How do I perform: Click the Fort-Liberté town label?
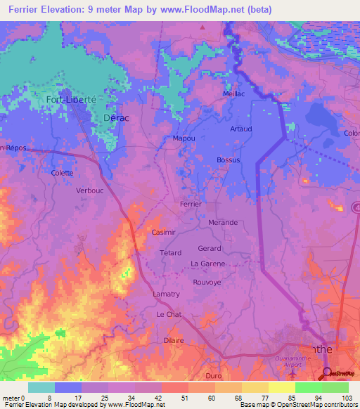(x=70, y=100)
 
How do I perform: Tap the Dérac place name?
(x=116, y=118)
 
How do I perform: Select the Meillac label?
(x=234, y=93)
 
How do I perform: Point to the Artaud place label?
(x=240, y=129)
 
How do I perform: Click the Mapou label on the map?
(x=184, y=138)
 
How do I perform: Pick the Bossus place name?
(x=228, y=160)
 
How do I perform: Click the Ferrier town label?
(x=191, y=204)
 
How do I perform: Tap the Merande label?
(x=222, y=222)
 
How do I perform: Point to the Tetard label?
(x=170, y=252)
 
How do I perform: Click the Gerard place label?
(x=210, y=248)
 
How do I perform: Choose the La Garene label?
(x=208, y=264)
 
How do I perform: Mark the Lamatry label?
(x=166, y=294)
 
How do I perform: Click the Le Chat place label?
(x=169, y=314)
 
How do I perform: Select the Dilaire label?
(x=173, y=340)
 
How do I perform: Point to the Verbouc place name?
(x=89, y=190)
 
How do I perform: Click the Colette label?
(x=63, y=172)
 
